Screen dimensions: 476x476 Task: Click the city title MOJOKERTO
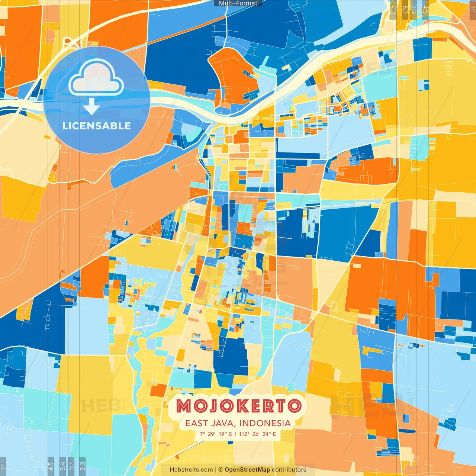click(x=238, y=406)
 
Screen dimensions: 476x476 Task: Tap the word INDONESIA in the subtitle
click(x=265, y=423)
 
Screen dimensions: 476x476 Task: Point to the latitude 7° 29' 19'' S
click(x=216, y=434)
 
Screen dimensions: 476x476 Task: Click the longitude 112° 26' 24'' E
click(x=257, y=434)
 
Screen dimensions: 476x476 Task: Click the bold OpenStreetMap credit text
click(x=247, y=470)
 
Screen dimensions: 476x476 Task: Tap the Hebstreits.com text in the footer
click(x=192, y=470)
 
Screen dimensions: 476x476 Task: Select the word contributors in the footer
click(x=289, y=470)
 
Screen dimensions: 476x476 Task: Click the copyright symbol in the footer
click(x=220, y=470)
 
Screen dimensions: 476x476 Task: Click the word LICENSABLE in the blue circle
click(x=97, y=126)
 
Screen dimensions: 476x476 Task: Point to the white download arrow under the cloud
click(x=91, y=107)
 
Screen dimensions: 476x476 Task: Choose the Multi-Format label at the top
click(x=238, y=3)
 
